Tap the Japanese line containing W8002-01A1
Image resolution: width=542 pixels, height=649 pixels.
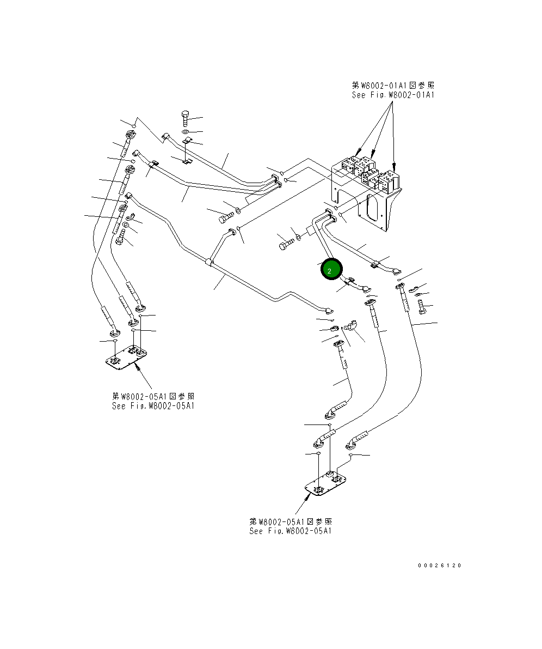[x=393, y=85]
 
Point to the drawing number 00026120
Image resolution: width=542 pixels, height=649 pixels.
[x=439, y=565]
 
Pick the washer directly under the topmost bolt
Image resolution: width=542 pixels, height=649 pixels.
[x=185, y=132]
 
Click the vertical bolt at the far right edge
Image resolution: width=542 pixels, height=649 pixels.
[x=423, y=308]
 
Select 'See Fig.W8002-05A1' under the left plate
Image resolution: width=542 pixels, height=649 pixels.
[x=153, y=406]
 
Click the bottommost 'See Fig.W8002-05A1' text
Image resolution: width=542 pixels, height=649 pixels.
[x=291, y=531]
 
